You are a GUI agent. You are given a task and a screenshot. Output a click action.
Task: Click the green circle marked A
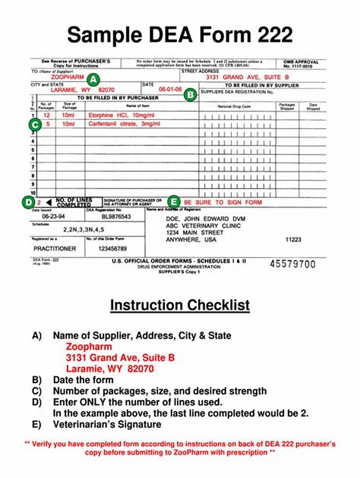point(93,80)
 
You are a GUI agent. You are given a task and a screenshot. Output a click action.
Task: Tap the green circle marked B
point(191,94)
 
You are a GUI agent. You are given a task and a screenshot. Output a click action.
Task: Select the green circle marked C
point(34,125)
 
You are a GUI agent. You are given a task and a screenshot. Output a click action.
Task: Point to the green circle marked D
point(28,202)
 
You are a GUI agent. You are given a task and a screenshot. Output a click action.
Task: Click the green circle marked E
point(174,202)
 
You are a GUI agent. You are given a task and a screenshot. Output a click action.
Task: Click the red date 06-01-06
point(170,89)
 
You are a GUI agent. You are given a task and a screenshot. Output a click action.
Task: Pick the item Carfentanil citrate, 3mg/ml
point(123,124)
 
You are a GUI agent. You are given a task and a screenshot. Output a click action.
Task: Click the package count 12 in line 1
point(46,116)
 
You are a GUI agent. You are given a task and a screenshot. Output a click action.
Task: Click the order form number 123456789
point(112,249)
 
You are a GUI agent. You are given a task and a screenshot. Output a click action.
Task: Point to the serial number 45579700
point(292,264)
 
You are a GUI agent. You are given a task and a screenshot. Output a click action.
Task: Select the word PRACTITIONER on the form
point(55,249)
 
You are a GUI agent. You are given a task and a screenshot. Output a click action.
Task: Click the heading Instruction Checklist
point(180,305)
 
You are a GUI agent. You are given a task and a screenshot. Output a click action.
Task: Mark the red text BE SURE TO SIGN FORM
point(223,202)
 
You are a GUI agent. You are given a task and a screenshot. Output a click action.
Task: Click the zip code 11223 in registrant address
point(293,240)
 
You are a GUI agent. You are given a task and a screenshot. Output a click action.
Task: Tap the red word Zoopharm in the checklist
point(89,347)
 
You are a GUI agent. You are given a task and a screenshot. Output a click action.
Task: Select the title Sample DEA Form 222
point(180,35)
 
